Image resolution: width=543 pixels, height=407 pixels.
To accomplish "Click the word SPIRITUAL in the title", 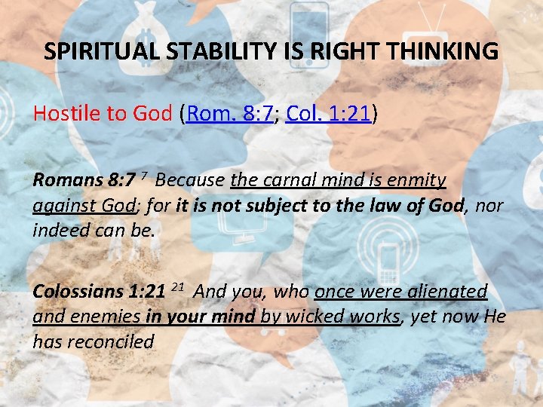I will pyautogui.click(x=91, y=52).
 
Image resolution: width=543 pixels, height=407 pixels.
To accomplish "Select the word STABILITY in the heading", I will pyautogui.click(x=198, y=52).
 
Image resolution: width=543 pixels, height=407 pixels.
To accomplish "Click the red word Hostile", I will pyautogui.click(x=66, y=114).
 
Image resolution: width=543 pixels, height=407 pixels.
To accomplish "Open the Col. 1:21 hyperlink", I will pyautogui.click(x=328, y=114).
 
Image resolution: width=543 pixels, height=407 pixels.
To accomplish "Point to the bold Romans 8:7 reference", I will pyautogui.click(x=83, y=181).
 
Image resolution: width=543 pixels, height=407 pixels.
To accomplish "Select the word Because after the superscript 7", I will pyautogui.click(x=190, y=181).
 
